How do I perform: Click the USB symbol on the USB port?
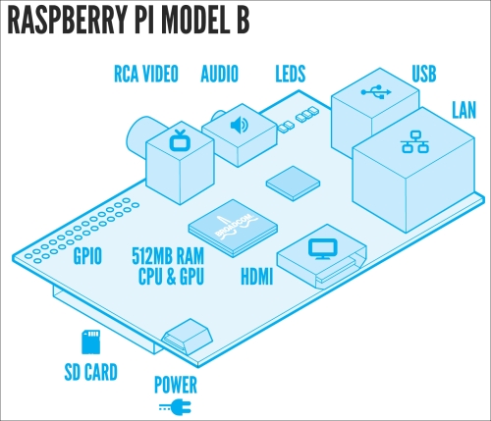point(376,92)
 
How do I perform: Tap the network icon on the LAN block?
point(414,141)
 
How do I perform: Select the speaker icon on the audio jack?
point(240,125)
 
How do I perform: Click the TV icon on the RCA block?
point(178,140)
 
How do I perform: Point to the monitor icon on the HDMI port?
point(322,249)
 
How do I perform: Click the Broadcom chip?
point(233,228)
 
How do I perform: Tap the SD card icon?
point(90,342)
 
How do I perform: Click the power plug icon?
point(175,407)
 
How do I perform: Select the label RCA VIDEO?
point(146,74)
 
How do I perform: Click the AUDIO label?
point(219,74)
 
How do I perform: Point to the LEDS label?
point(291,74)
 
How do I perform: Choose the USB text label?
point(424,74)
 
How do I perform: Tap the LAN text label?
point(464,110)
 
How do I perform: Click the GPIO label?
point(87,256)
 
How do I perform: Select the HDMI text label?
point(257,277)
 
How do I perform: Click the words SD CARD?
point(90,372)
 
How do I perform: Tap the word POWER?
point(176,385)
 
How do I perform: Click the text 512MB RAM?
point(168,256)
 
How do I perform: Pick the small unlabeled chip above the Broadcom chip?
point(293,183)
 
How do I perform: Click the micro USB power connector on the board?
point(187,337)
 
